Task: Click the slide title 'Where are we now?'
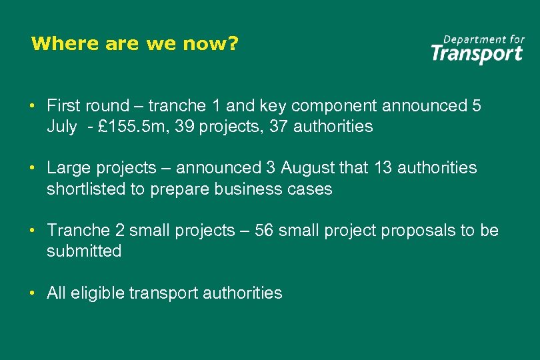135,44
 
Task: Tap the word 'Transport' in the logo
477,53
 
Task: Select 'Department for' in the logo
484,39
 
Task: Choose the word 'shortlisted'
86,189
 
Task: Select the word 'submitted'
84,251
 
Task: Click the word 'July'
61,127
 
